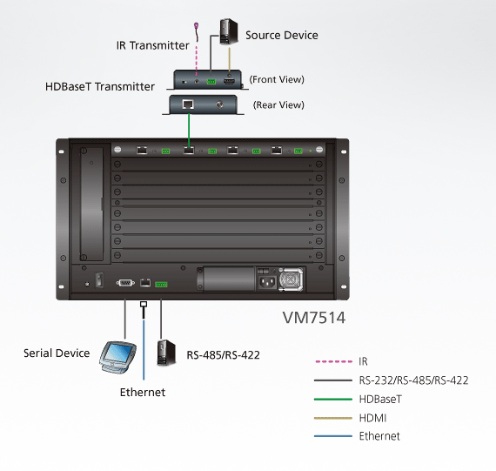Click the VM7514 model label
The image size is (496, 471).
(x=314, y=318)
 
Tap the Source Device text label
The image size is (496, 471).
(x=282, y=35)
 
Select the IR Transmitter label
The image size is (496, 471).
(x=152, y=45)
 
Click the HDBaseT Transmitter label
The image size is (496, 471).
(x=100, y=86)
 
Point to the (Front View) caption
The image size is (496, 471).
(x=277, y=79)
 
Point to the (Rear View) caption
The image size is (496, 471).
(x=278, y=104)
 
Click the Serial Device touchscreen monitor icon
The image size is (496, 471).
(x=117, y=357)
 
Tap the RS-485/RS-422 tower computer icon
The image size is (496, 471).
(x=166, y=353)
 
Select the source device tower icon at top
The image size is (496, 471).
(x=229, y=31)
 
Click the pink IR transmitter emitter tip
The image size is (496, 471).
(x=196, y=24)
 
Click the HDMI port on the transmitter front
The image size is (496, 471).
(x=229, y=81)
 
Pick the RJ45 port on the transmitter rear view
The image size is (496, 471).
(x=188, y=104)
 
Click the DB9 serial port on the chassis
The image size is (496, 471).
(x=125, y=283)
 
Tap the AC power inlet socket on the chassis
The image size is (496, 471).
(x=267, y=282)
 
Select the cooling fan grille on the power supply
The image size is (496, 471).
(x=291, y=279)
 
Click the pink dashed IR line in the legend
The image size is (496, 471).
(x=333, y=361)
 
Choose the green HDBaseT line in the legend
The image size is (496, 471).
(x=333, y=400)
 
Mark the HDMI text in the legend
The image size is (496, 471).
(x=372, y=418)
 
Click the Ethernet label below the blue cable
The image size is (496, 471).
(x=143, y=393)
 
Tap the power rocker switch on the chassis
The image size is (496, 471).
(x=100, y=280)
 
